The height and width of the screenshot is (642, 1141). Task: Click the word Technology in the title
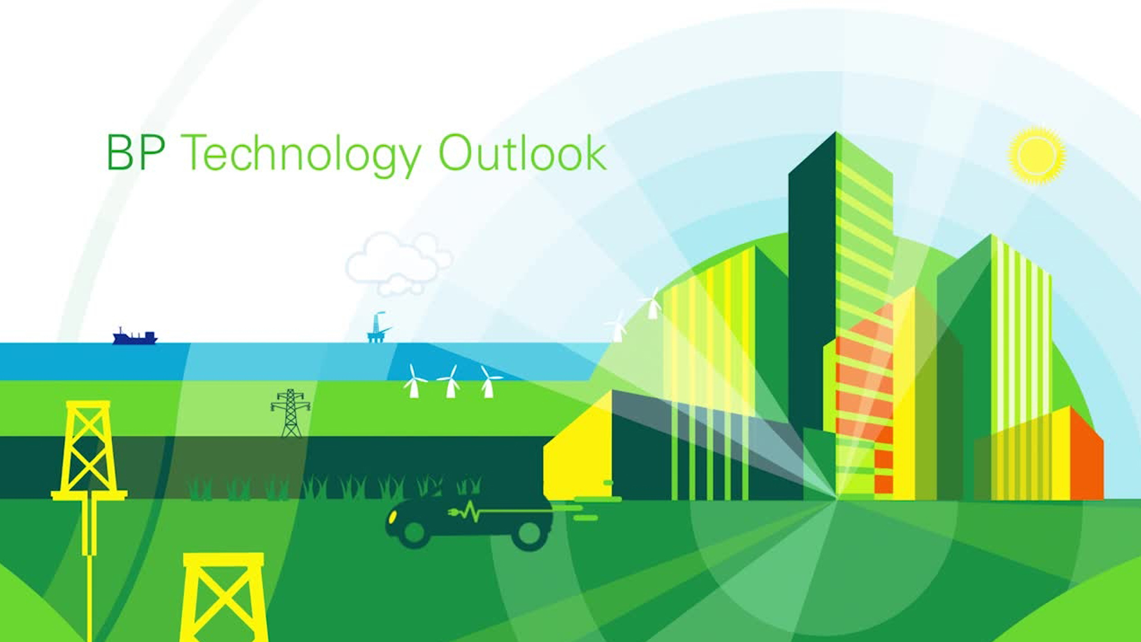pos(301,155)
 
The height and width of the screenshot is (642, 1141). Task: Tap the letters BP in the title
pos(135,153)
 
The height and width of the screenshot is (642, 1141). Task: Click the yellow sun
pos(1037,156)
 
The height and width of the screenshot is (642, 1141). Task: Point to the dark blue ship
pos(135,338)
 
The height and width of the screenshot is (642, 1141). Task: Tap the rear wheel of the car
pos(528,534)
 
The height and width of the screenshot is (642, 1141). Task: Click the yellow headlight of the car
pos(392,517)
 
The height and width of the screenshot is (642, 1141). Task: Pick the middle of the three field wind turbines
pos(450,382)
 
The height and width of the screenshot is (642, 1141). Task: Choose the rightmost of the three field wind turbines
pos(488,382)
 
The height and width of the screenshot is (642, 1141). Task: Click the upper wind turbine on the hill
pos(652,304)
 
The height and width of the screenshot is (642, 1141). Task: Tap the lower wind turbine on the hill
pos(618,326)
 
